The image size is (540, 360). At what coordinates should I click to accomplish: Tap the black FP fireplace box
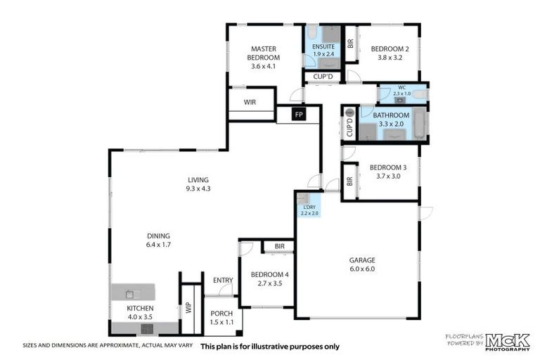(298, 115)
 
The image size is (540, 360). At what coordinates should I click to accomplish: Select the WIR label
(250, 102)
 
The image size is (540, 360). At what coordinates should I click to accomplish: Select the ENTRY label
(223, 281)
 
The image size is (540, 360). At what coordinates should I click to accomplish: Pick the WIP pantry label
(188, 307)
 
